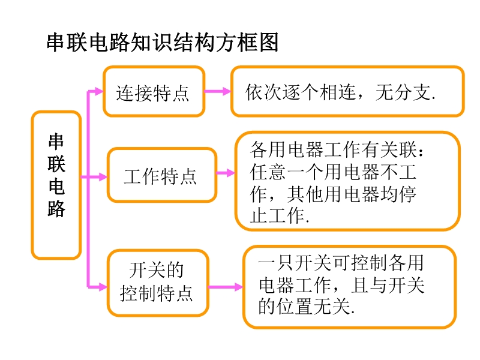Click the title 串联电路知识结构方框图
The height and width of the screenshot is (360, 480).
click(162, 44)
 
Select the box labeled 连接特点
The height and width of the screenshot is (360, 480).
click(154, 92)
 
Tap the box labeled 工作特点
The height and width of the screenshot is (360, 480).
click(161, 175)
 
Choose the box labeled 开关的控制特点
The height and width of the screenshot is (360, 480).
click(157, 283)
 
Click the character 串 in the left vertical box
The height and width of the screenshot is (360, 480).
click(56, 142)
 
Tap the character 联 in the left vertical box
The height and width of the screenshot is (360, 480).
click(56, 164)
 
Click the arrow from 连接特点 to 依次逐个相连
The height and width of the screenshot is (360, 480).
click(218, 92)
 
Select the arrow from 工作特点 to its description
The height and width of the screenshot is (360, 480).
click(226, 173)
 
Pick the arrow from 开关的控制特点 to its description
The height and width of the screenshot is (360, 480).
click(226, 287)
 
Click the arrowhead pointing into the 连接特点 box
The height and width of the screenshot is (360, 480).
click(98, 92)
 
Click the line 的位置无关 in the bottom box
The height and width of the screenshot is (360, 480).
click(306, 307)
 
